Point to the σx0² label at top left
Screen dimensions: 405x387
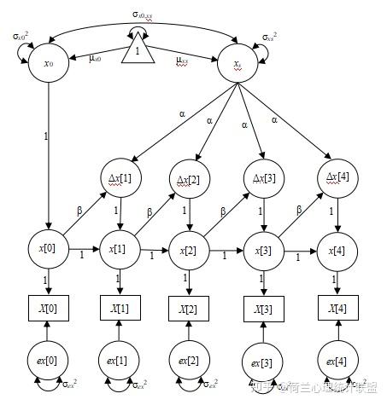[x=20, y=36]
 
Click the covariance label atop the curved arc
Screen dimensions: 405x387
[x=142, y=14]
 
